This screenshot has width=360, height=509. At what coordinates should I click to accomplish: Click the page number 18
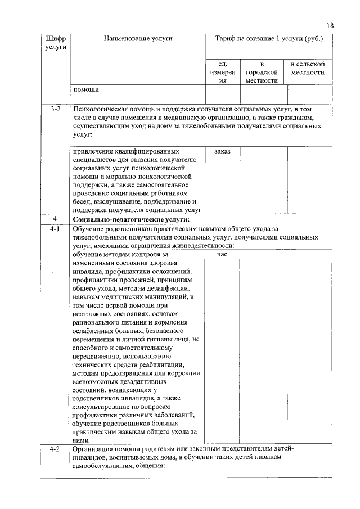point(330,25)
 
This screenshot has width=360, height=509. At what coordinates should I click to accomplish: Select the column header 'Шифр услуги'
point(55,43)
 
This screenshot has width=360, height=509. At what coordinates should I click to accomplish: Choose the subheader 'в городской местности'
point(262,73)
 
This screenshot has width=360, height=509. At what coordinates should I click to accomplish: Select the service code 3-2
point(55,109)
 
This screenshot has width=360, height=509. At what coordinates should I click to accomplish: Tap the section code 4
point(55,219)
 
